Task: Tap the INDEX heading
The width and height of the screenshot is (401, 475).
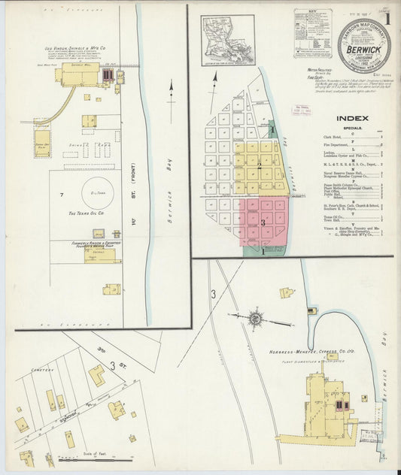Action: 352,118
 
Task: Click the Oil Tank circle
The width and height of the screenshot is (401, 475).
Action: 98,192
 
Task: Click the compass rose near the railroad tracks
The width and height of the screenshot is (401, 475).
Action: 255,319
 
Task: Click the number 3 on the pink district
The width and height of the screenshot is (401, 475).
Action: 263,222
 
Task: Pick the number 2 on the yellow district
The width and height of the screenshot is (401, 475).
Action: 260,165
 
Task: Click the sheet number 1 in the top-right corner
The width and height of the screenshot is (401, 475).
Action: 387,17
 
